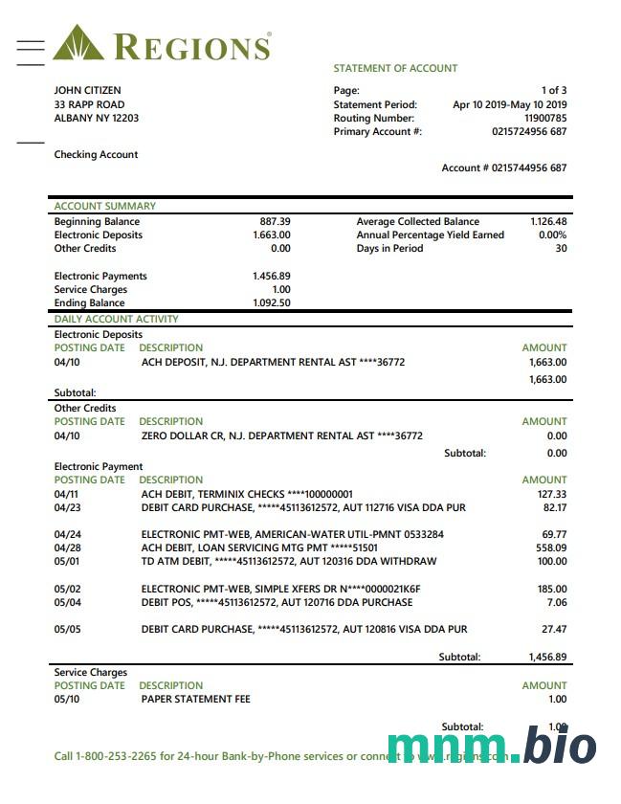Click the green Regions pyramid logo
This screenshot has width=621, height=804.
[79, 44]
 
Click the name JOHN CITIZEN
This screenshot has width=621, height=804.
[87, 91]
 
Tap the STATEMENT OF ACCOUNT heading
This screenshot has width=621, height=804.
[395, 69]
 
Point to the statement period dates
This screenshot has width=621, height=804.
[509, 105]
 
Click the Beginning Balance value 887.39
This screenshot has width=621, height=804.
[275, 222]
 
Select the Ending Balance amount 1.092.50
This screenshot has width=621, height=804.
[272, 303]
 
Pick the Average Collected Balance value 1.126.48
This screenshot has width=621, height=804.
[548, 222]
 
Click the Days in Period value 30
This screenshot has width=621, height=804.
[561, 249]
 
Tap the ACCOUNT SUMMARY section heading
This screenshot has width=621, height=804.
[104, 206]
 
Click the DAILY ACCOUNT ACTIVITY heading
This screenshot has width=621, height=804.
[116, 320]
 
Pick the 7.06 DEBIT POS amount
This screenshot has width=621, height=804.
[555, 603]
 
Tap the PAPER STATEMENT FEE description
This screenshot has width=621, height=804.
[195, 700]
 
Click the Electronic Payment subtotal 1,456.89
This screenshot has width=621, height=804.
[547, 658]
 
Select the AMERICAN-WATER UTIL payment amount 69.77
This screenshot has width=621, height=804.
[553, 534]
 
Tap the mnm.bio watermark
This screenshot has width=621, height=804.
[492, 747]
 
